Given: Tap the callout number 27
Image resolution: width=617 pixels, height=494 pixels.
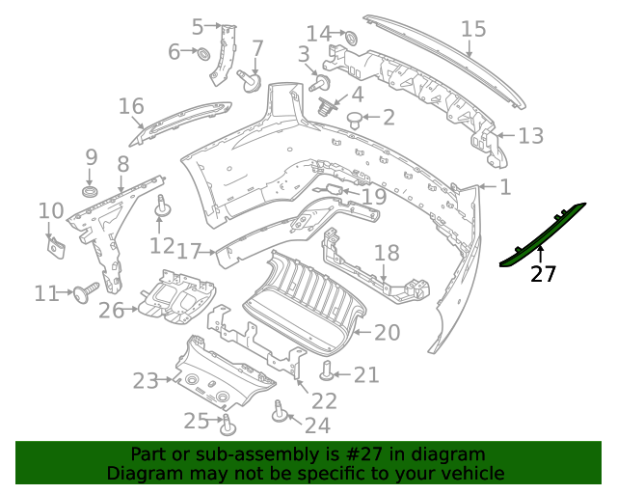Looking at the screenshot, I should pyautogui.click(x=544, y=274).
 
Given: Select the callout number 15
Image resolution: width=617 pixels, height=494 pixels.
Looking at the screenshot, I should pyautogui.click(x=473, y=29).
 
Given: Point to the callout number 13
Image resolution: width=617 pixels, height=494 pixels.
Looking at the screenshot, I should pyautogui.click(x=531, y=136).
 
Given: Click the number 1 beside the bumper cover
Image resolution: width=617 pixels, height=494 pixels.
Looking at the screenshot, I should pyautogui.click(x=505, y=186).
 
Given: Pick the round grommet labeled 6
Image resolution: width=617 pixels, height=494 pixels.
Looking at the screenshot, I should pyautogui.click(x=204, y=52).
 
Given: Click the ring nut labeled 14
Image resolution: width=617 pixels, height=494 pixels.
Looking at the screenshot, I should pyautogui.click(x=350, y=38).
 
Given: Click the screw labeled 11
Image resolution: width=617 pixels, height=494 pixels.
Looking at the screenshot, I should pyautogui.click(x=88, y=288).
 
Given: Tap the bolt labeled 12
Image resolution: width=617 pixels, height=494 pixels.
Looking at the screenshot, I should pyautogui.click(x=163, y=206).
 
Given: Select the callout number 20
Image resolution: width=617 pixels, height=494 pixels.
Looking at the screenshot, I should pyautogui.click(x=387, y=333).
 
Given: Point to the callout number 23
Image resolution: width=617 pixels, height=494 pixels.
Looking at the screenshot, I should pyautogui.click(x=145, y=381).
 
